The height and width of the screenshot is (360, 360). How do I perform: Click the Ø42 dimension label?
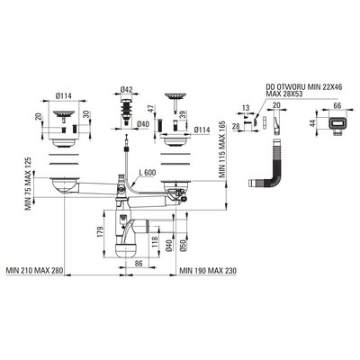126,89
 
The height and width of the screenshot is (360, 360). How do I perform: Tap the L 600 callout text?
148,173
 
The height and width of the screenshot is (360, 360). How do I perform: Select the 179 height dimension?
100,232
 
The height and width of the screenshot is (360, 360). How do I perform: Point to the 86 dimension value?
138,264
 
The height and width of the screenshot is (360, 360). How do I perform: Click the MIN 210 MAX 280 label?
34,271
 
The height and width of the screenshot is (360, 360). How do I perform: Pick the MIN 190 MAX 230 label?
208,271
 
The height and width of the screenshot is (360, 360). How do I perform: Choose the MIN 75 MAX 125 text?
29,184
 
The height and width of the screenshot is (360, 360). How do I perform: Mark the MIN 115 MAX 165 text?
222,149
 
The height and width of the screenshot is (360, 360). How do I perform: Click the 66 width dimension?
337,105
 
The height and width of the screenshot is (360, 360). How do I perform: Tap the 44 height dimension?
313,123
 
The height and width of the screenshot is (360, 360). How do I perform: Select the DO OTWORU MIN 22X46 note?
304,87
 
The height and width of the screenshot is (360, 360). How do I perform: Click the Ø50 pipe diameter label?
184,246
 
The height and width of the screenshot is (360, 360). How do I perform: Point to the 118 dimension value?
155,241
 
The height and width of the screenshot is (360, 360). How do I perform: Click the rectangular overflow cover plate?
337,124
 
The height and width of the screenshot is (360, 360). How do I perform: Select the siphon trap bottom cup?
126,250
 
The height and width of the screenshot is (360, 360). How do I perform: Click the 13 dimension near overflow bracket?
246,108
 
